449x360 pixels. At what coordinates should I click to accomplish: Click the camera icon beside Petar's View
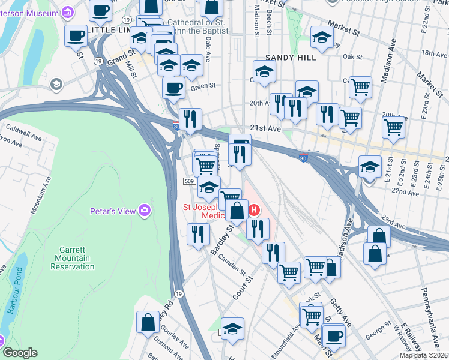tap(145, 210)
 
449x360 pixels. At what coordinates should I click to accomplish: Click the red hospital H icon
tap(255, 210)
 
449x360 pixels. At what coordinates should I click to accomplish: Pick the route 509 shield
tap(188, 181)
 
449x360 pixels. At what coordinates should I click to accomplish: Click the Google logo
tap(20, 353)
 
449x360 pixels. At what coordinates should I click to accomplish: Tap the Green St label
tap(203, 86)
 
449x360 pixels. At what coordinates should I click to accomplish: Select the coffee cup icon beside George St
tap(334, 335)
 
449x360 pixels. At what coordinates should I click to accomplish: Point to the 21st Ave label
tap(265, 129)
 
